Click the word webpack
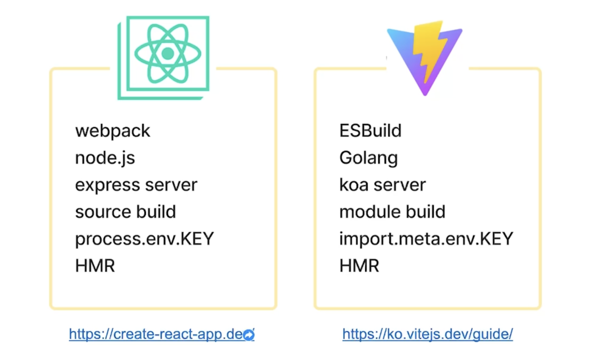pos(113,131)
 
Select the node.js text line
pos(105,158)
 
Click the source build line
pos(125,212)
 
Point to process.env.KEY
pos(144,239)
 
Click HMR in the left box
pos(95,266)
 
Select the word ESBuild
pos(370,131)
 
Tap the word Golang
pos(369,158)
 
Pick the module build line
pos(392,212)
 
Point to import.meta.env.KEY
pos(426,239)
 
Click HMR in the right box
pos(359,266)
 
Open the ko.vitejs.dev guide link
pos(427,334)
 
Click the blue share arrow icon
pos(249,335)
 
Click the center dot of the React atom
pos(168,53)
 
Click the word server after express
pos(171,185)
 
